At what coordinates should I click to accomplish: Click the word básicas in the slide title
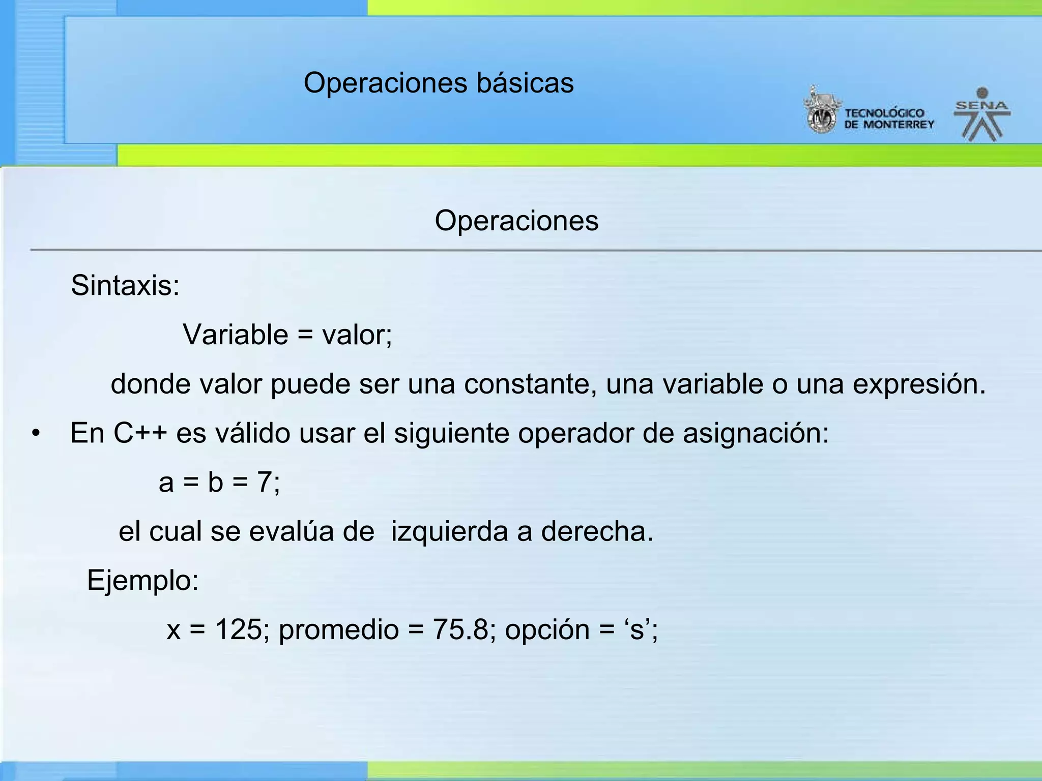click(525, 82)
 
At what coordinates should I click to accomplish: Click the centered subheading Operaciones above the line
click(516, 221)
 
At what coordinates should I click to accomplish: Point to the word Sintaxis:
click(125, 285)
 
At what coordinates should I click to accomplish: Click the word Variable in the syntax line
click(236, 335)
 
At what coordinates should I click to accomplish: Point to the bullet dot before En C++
click(35, 434)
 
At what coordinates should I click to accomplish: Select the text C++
click(140, 433)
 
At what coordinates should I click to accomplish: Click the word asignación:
click(756, 434)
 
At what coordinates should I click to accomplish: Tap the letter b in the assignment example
click(215, 482)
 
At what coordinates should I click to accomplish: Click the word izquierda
click(449, 531)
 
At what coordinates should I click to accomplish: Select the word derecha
click(596, 531)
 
